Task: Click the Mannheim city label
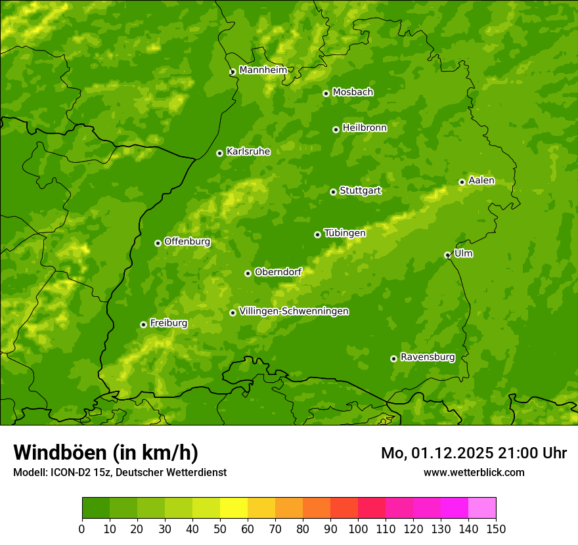(x=263, y=70)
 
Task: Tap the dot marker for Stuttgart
(x=333, y=192)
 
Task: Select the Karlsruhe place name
(x=248, y=152)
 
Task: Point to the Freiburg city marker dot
(x=143, y=324)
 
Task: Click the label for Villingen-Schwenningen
(x=294, y=311)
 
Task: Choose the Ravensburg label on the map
(x=427, y=357)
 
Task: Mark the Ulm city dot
(x=447, y=255)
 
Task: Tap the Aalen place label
(x=481, y=181)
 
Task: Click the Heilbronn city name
(x=364, y=128)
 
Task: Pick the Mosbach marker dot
(x=326, y=93)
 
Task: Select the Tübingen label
(x=344, y=233)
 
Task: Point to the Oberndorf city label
(x=278, y=272)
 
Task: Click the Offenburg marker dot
(x=158, y=243)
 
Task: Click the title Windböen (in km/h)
(x=105, y=452)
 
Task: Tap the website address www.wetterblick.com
(x=474, y=472)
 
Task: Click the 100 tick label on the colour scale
(x=357, y=529)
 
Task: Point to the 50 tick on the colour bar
(x=220, y=529)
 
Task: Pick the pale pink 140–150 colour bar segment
(x=481, y=508)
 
